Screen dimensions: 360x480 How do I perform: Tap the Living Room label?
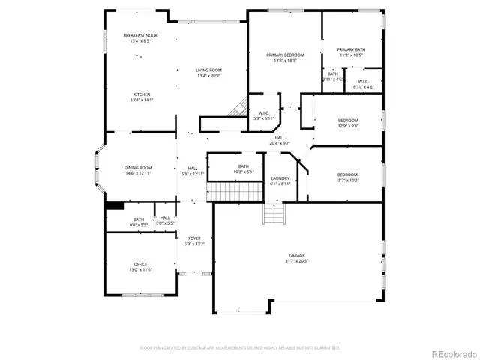209,70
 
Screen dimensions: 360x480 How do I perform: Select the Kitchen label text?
131,94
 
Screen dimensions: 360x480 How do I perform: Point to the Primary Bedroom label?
285,55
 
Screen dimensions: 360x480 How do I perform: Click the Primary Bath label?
351,49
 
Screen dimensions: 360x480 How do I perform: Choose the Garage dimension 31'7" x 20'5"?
297,261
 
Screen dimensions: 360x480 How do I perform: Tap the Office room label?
140,264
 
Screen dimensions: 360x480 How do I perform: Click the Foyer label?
193,238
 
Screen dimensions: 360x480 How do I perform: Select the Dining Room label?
138,168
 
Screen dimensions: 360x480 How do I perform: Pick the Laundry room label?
279,178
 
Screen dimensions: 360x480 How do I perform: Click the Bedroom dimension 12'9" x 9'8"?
348,126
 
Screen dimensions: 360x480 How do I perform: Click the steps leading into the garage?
274,215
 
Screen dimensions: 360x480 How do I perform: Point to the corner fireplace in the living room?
239,109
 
